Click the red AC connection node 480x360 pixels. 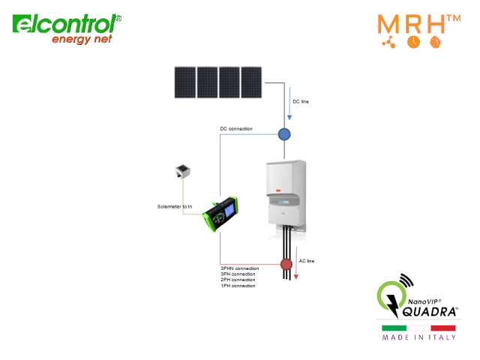(x=286, y=264)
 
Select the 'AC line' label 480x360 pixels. (x=307, y=261)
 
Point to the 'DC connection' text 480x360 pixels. (x=235, y=129)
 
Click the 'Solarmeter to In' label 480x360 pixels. (x=174, y=205)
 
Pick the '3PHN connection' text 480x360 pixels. (x=239, y=268)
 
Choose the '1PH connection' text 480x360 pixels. (x=238, y=286)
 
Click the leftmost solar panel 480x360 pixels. (x=184, y=82)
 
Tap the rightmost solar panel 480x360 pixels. (x=251, y=82)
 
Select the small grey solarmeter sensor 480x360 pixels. (x=180, y=172)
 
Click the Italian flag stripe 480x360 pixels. (x=418, y=328)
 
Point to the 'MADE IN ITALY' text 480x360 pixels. (x=418, y=338)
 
